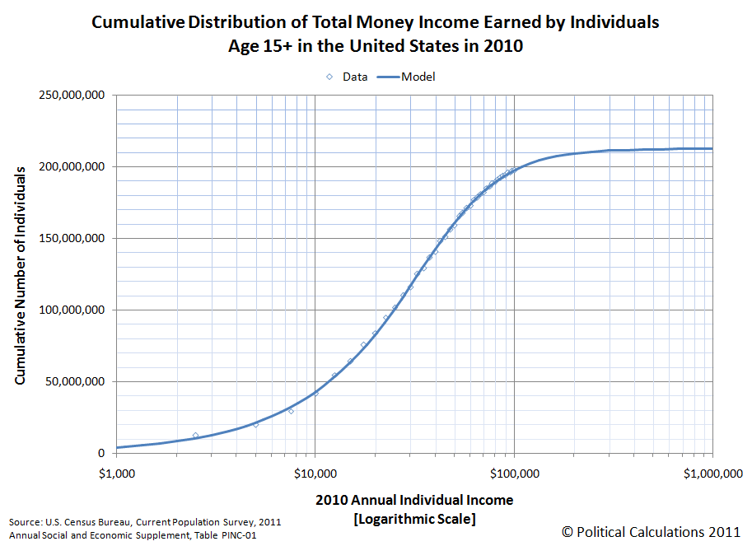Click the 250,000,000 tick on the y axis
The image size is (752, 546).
72,96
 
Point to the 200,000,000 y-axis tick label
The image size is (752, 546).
72,167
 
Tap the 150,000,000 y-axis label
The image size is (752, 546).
72,239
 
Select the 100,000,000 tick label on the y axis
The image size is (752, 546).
72,310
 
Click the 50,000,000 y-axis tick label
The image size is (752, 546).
75,382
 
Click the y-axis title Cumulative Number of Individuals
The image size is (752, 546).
20,274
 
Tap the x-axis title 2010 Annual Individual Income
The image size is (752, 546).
413,500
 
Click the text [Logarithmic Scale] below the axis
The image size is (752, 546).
414,519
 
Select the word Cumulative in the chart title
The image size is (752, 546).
138,22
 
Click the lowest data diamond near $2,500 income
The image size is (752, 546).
195,435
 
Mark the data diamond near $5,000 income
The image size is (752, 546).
255,424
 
